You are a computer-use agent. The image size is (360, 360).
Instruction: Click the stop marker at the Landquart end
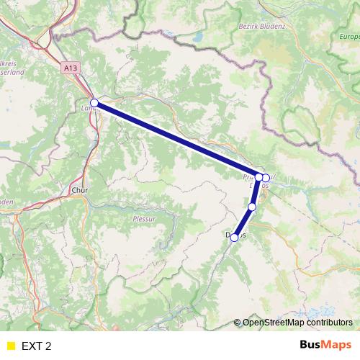pyautogui.click(x=94, y=103)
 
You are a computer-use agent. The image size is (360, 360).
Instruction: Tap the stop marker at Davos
pyautogui.click(x=234, y=237)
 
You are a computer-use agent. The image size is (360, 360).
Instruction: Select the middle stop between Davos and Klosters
pyautogui.click(x=252, y=207)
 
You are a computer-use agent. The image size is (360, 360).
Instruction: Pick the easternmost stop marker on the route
pyautogui.click(x=266, y=178)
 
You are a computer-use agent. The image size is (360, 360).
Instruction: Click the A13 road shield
pyautogui.click(x=70, y=67)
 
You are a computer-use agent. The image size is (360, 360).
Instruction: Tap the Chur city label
pyautogui.click(x=79, y=191)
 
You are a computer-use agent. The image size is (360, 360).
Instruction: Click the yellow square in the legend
pyautogui.click(x=10, y=346)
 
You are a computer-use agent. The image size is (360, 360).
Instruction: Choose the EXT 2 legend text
pyautogui.click(x=37, y=346)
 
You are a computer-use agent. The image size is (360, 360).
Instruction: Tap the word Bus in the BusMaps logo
pyautogui.click(x=311, y=345)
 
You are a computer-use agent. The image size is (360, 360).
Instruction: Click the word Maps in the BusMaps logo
pyautogui.click(x=337, y=345)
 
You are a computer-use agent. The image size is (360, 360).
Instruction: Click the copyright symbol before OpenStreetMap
pyautogui.click(x=238, y=323)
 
